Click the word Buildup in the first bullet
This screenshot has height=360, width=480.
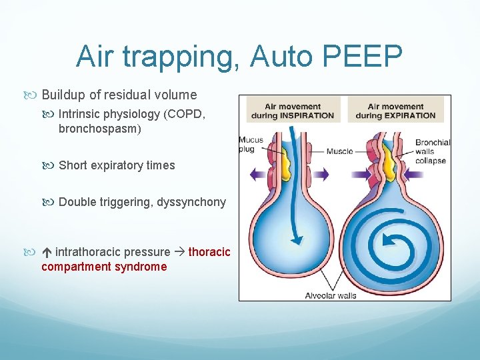[x=66, y=94]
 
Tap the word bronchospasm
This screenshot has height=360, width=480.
[x=99, y=129]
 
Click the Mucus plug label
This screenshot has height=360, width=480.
[x=251, y=145]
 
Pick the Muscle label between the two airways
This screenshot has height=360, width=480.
[x=340, y=151]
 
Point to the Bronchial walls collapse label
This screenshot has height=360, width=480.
[x=433, y=151]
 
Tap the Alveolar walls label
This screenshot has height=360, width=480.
[x=331, y=295]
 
